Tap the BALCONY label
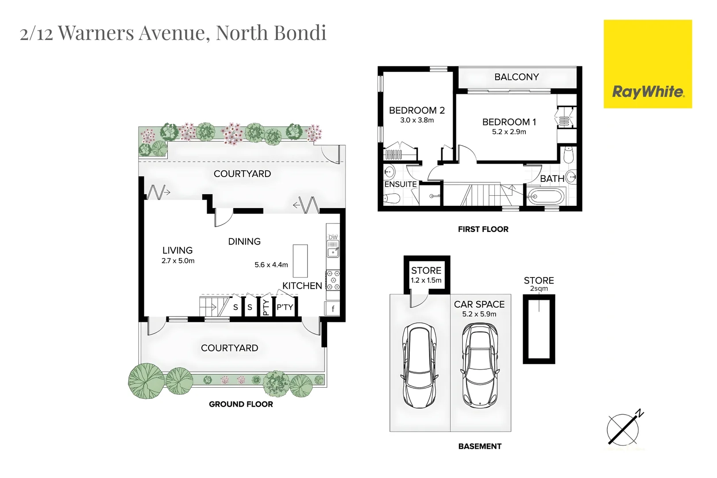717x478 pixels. tap(517, 77)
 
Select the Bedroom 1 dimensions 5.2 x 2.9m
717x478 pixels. tap(509, 132)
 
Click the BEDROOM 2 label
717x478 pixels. tap(416, 110)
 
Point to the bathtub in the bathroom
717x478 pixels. tap(546, 197)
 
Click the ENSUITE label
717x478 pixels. tap(400, 184)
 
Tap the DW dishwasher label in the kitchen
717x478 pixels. tap(333, 237)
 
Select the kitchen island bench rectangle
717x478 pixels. tap(300, 261)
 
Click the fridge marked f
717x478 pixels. tap(333, 309)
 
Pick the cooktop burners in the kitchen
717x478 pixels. tap(333, 280)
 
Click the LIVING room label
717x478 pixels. tap(177, 251)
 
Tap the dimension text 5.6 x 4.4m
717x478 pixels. tap(271, 265)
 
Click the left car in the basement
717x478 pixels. tap(419, 365)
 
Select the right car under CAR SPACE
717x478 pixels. tap(480, 365)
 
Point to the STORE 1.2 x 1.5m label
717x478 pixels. tap(426, 274)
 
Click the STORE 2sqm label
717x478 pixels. tap(539, 284)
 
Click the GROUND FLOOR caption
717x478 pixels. tap(241, 404)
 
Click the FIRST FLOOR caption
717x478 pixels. tap(483, 229)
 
